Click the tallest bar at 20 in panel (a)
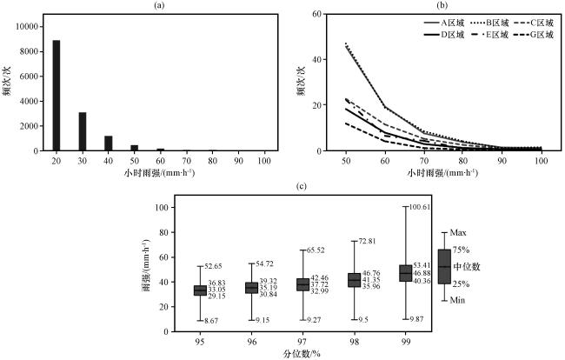point(56,96)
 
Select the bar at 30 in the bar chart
point(83,131)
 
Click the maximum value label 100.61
point(446,207)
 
